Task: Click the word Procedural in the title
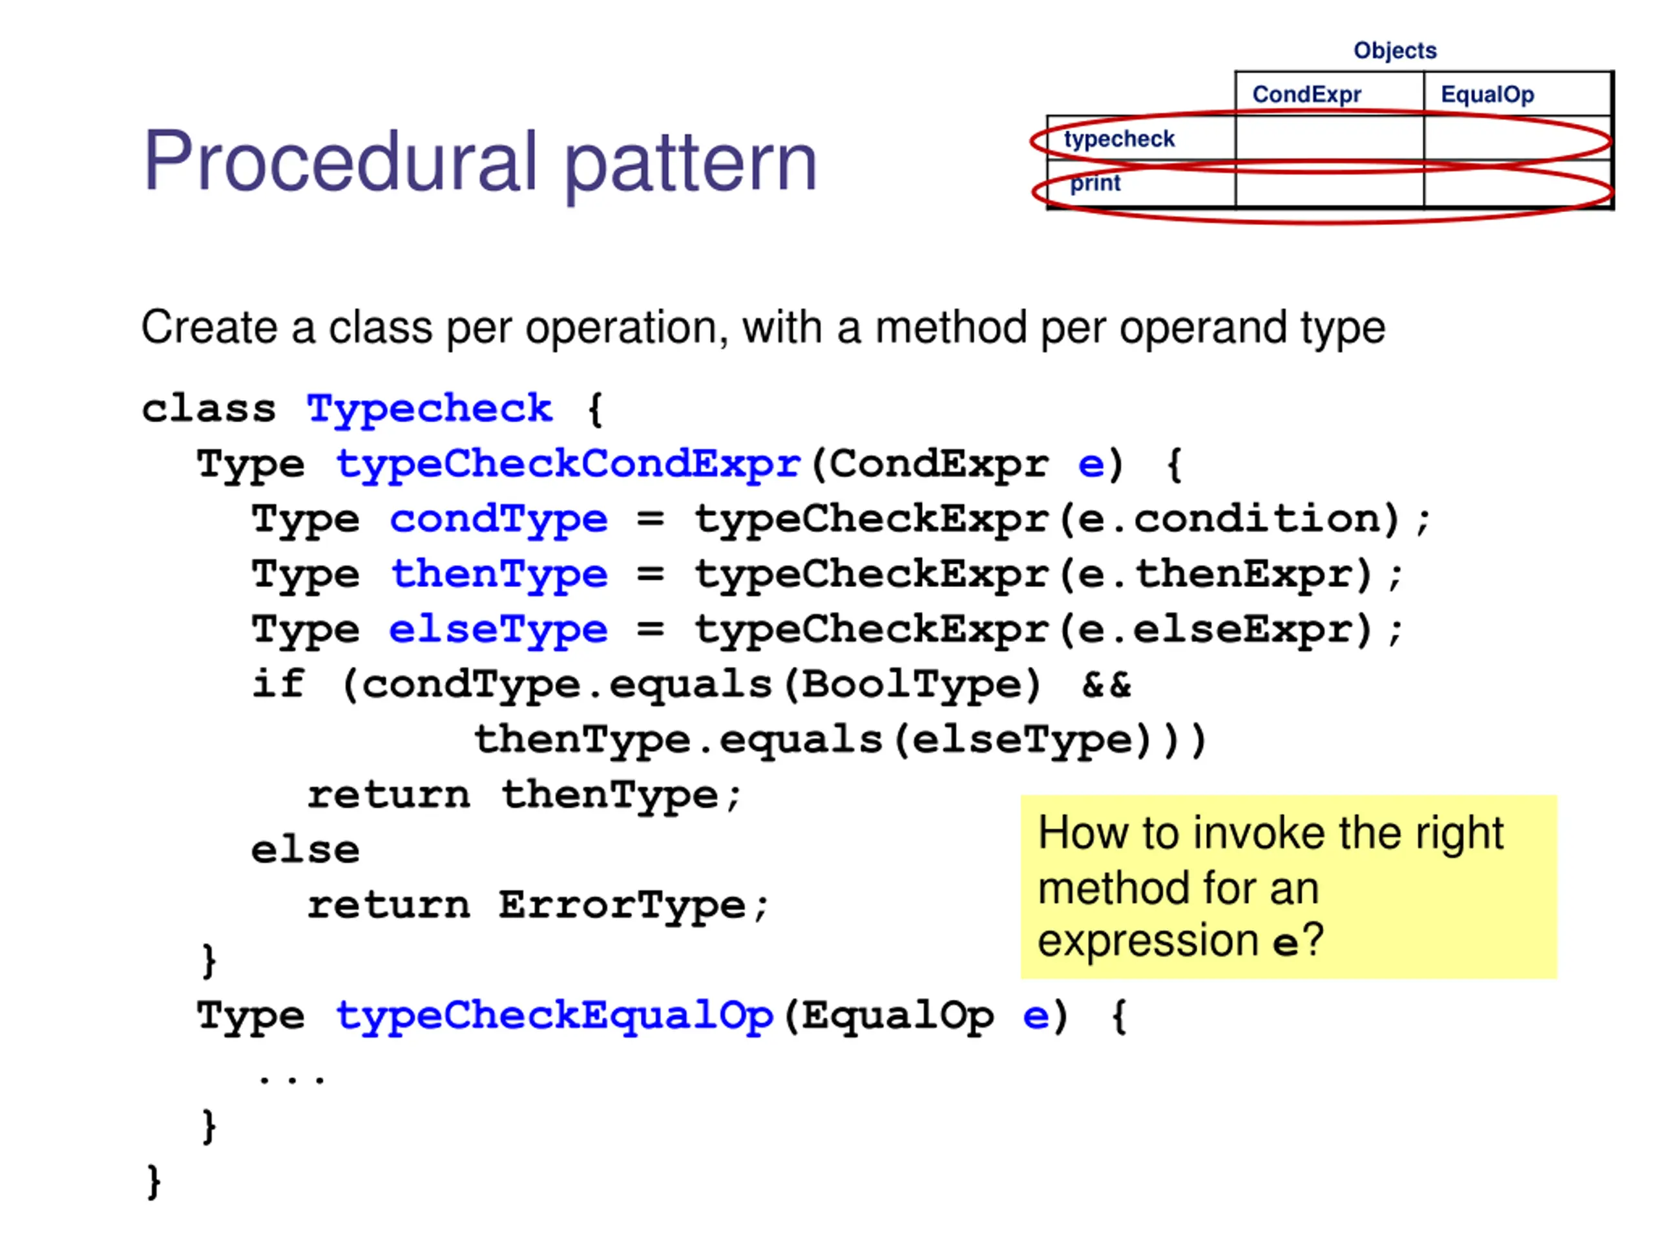coord(340,162)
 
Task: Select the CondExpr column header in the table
coord(1306,94)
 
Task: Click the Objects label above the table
coord(1394,50)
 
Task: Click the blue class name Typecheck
coord(429,410)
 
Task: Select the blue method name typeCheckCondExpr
coord(569,464)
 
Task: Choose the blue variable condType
coord(498,519)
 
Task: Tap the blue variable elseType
coord(498,629)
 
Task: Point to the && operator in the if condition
coord(1106,684)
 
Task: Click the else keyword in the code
coord(305,851)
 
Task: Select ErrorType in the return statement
coord(622,905)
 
